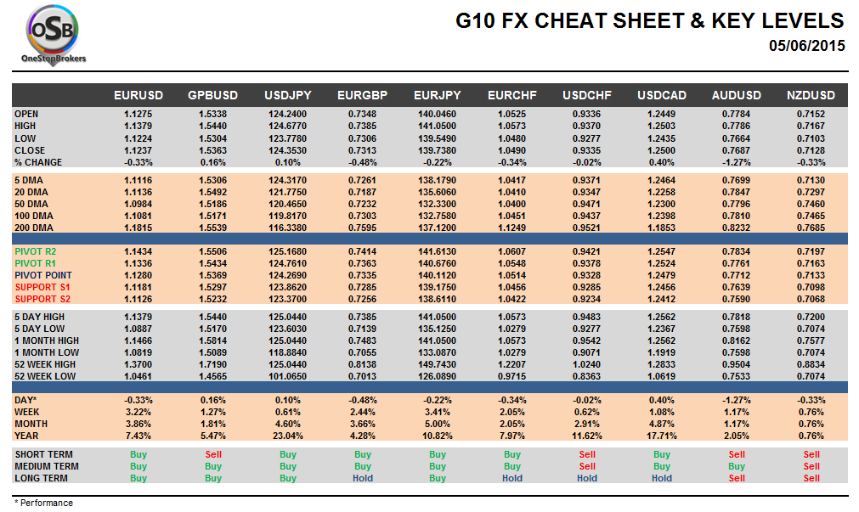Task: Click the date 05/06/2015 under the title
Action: pos(806,46)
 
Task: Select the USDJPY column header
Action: pos(288,95)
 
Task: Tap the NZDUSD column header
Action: pos(811,95)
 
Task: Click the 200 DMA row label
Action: pos(34,228)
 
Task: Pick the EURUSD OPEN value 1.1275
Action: pos(138,114)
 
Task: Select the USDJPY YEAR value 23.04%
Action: pos(288,436)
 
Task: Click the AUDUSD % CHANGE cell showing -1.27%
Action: pos(736,162)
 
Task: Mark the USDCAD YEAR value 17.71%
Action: pos(661,436)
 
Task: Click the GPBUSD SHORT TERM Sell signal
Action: pos(212,455)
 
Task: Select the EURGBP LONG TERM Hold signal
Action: pos(362,479)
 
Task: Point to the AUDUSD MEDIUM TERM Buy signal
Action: pos(736,467)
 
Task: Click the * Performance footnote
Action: pos(44,503)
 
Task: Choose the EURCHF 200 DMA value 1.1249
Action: pos(511,228)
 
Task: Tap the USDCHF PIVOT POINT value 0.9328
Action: pos(586,276)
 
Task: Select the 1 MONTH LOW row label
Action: pos(47,352)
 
